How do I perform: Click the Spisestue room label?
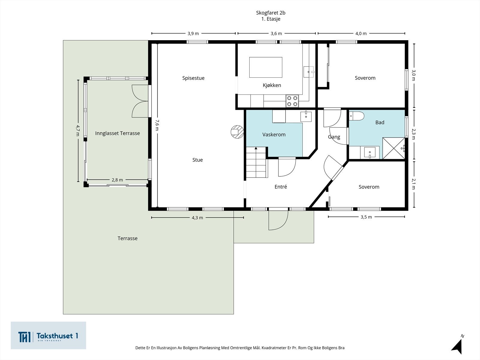(x=193, y=78)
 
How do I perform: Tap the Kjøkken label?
(x=272, y=85)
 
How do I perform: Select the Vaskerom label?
(x=274, y=135)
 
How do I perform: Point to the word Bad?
(x=379, y=122)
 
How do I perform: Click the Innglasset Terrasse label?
(x=117, y=133)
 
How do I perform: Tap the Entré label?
(x=280, y=187)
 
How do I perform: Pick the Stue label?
(x=197, y=160)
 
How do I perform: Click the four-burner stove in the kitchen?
(x=292, y=101)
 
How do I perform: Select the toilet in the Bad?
(x=356, y=116)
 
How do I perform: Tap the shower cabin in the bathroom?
(x=394, y=148)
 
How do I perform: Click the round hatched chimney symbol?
(x=237, y=132)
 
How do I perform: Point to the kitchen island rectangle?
(x=266, y=67)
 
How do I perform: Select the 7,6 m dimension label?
(x=157, y=125)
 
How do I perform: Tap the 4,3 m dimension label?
(x=197, y=218)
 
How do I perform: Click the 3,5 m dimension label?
(x=366, y=217)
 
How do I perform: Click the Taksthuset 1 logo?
(x=48, y=335)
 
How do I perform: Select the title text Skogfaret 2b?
(x=271, y=13)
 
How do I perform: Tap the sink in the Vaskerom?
(x=306, y=116)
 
